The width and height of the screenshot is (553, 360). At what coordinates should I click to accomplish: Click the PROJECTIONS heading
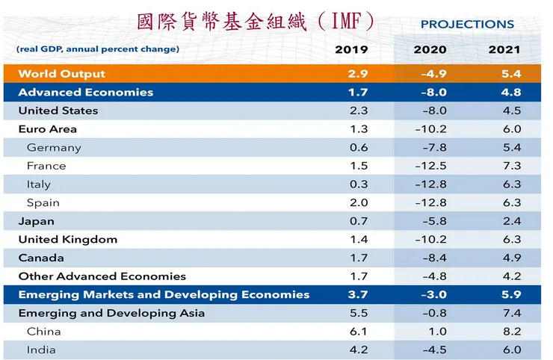tap(467, 24)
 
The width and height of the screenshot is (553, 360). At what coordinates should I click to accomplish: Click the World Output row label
tap(61, 74)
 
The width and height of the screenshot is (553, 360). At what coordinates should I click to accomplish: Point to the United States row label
tap(58, 111)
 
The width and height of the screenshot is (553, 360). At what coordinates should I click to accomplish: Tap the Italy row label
tap(39, 184)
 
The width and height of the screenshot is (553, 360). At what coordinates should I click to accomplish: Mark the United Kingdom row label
tap(68, 240)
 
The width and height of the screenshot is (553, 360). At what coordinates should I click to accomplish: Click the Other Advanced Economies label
tap(102, 276)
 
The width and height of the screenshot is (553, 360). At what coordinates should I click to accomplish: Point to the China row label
tap(43, 331)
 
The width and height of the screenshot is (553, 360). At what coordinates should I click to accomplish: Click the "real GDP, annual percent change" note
tap(97, 49)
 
